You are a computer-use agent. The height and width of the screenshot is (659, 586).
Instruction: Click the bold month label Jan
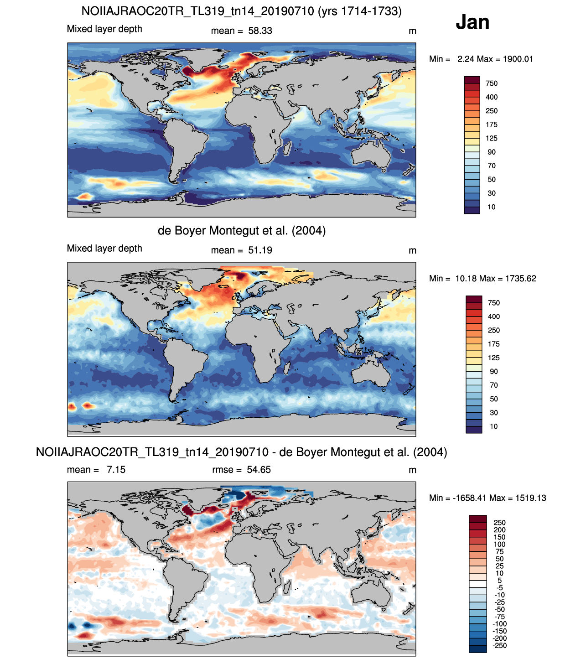pos(472,22)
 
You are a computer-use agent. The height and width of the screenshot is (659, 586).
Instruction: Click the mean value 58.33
pos(260,31)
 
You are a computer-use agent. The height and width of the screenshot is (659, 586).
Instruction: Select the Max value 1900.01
pos(518,59)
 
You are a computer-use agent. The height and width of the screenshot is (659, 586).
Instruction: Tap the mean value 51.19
pos(260,250)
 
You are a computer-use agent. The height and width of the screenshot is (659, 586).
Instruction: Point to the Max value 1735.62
pos(520,279)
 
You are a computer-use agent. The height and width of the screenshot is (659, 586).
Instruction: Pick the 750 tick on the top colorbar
pos(491,83)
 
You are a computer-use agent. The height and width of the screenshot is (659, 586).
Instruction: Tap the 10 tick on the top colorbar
pos(491,207)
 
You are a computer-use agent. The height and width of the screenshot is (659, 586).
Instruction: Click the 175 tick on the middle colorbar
pos(493,344)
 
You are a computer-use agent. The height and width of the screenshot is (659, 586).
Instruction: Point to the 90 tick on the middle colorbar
pos(493,372)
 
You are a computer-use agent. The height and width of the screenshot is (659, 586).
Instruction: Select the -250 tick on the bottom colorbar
pos(499,645)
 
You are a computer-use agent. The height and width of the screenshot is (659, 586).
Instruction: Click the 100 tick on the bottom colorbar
pos(499,544)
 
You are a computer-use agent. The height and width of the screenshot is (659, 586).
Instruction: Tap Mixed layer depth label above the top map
pos(104,29)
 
